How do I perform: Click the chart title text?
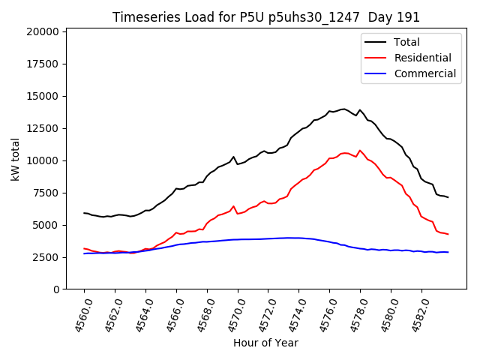coord(266,17)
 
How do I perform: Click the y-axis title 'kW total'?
coord(15,159)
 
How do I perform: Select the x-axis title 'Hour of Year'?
coord(265,343)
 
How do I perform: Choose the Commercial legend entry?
coord(424,73)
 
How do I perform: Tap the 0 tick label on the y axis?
coord(56,289)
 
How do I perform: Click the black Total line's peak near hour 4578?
coord(360,110)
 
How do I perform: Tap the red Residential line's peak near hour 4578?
coord(360,150)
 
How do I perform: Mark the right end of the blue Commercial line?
coord(448,252)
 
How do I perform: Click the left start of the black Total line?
coord(84,213)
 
